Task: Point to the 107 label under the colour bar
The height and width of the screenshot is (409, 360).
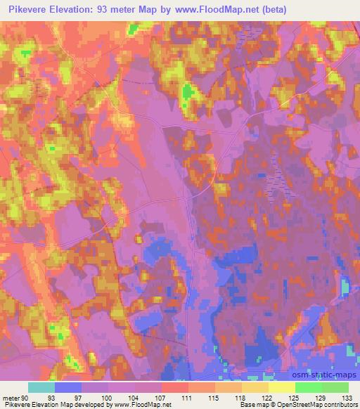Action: (x=162, y=398)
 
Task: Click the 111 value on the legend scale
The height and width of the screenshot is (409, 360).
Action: (x=188, y=398)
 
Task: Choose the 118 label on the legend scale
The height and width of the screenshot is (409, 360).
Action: (x=242, y=398)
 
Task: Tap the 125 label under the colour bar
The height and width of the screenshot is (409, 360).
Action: (x=295, y=398)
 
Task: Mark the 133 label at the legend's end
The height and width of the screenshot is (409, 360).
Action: (x=348, y=398)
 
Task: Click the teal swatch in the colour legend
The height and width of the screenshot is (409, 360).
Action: (x=41, y=387)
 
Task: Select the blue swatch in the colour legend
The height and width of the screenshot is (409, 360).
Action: (x=68, y=387)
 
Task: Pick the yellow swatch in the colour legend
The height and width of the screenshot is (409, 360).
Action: (x=281, y=387)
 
